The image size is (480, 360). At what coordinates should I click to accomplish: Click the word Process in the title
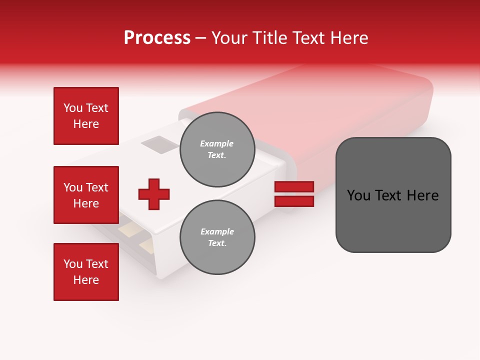pos(157,38)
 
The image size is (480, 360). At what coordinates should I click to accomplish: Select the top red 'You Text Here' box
pos(86,116)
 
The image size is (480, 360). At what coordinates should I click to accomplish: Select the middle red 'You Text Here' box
pos(86,195)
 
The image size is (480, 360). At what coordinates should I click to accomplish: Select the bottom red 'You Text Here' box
pos(86,272)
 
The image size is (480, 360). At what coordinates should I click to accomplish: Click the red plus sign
pos(154,194)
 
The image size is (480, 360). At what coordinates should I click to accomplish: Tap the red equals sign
pos(294,194)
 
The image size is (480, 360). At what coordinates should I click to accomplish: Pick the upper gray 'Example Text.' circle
pos(217,149)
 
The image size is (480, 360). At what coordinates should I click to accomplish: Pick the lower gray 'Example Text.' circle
pos(217,237)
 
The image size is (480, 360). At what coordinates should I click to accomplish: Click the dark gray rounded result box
pos(393,195)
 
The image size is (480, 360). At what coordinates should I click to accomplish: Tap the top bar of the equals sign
pos(294,187)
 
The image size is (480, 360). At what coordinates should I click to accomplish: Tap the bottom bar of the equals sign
pos(294,201)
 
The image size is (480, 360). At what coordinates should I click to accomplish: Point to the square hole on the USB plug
pos(159,145)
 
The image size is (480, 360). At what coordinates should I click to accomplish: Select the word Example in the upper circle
pos(217,143)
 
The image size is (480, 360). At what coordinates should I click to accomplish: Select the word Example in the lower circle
pos(217,231)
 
